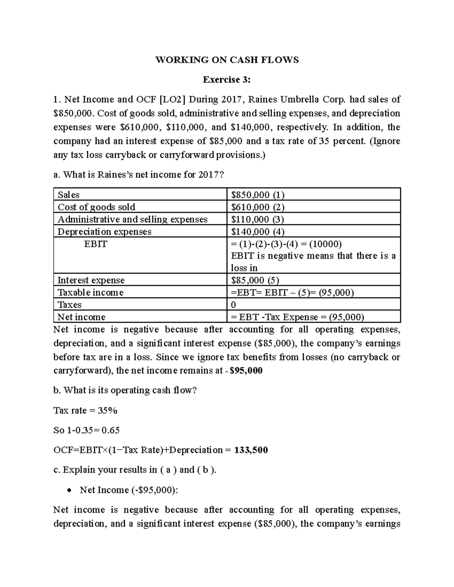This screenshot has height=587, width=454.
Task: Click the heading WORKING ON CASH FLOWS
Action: [227, 60]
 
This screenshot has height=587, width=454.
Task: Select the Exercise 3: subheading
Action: [227, 80]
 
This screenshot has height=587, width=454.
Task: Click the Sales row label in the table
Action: [68, 195]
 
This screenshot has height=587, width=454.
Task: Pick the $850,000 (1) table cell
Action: [258, 195]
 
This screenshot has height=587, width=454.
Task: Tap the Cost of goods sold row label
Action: [96, 207]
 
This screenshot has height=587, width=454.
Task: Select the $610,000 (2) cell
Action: [258, 207]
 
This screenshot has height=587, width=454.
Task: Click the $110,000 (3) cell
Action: [258, 219]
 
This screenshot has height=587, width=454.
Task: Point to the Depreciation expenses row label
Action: [104, 232]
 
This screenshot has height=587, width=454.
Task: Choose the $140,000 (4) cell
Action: [258, 232]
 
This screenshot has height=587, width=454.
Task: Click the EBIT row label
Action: [95, 244]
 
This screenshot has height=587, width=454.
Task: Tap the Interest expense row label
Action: [91, 280]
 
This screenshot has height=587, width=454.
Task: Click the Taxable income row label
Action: [90, 293]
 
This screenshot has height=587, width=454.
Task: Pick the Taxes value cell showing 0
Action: [233, 305]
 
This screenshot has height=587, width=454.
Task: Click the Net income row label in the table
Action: [81, 317]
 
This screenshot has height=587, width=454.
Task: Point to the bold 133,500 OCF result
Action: [251, 450]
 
